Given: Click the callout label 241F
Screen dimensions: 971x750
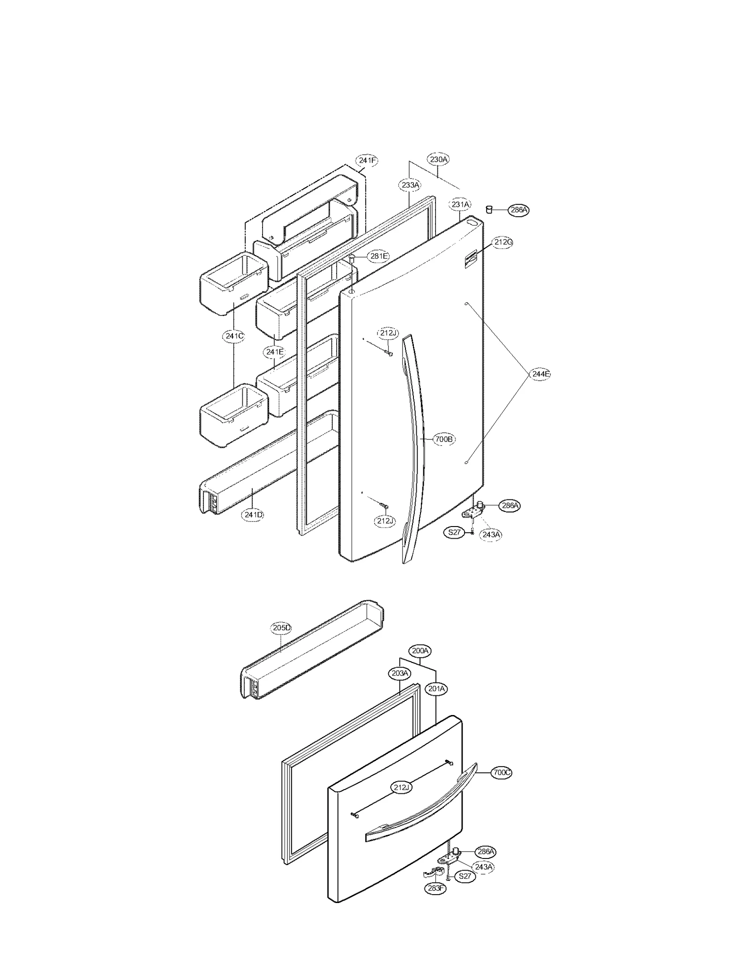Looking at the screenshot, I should pyautogui.click(x=367, y=160).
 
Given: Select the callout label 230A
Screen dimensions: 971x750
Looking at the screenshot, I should pyautogui.click(x=439, y=159).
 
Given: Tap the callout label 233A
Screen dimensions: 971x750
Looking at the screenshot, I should pyautogui.click(x=410, y=185).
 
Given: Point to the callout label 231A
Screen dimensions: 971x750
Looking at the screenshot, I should pyautogui.click(x=460, y=204).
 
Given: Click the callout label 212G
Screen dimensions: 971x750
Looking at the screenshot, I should pyautogui.click(x=503, y=242).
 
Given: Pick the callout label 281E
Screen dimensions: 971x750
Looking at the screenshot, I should pyautogui.click(x=379, y=256).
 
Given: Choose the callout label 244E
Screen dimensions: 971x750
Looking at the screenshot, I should pyautogui.click(x=540, y=374).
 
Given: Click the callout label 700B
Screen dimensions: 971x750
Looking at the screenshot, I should pyautogui.click(x=443, y=439).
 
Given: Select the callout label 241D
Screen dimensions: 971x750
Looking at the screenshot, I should pyautogui.click(x=253, y=514).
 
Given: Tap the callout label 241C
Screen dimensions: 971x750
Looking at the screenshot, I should pyautogui.click(x=234, y=336).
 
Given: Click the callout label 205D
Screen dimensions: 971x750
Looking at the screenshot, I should pyautogui.click(x=281, y=628).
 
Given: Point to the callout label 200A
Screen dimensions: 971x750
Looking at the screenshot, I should pyautogui.click(x=420, y=651).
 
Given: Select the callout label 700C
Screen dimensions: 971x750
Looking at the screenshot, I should pyautogui.click(x=502, y=772).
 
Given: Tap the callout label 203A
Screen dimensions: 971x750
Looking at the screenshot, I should pyautogui.click(x=399, y=673).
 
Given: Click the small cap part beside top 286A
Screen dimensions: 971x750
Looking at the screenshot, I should pyautogui.click(x=488, y=209).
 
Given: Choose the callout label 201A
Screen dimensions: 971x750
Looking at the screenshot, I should pyautogui.click(x=436, y=689).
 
